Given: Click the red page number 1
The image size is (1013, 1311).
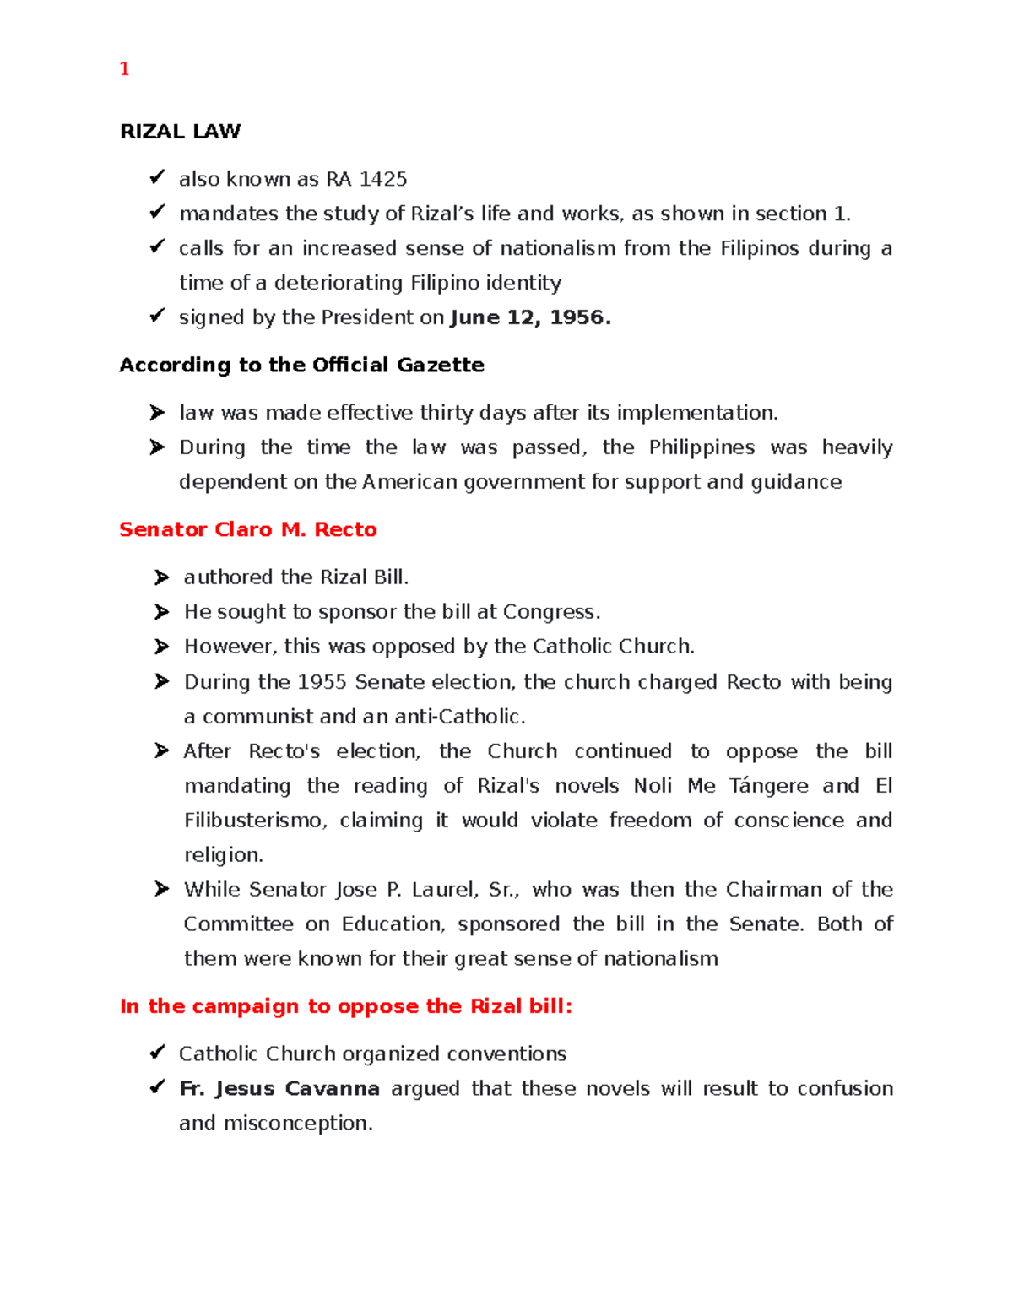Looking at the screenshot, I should point(124,69).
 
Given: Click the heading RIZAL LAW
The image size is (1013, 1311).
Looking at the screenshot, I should point(180,132).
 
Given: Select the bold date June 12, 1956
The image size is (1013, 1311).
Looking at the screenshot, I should point(529,317).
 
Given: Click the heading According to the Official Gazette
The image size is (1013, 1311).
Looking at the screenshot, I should point(301,365).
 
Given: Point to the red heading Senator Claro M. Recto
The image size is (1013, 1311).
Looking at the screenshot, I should point(247,529).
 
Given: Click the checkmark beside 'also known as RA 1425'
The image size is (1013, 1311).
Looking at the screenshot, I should point(157,177).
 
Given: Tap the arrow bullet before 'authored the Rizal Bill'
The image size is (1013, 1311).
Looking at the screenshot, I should point(161,577).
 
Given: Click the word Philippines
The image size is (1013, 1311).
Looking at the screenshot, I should point(702,447).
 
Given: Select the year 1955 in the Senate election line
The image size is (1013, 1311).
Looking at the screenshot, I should point(322,682).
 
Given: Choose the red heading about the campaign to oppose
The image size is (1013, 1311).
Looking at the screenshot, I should point(346,1006).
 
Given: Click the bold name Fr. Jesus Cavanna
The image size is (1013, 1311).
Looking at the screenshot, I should point(279,1089).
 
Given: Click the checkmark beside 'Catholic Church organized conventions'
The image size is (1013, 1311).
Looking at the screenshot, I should point(157,1052).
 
